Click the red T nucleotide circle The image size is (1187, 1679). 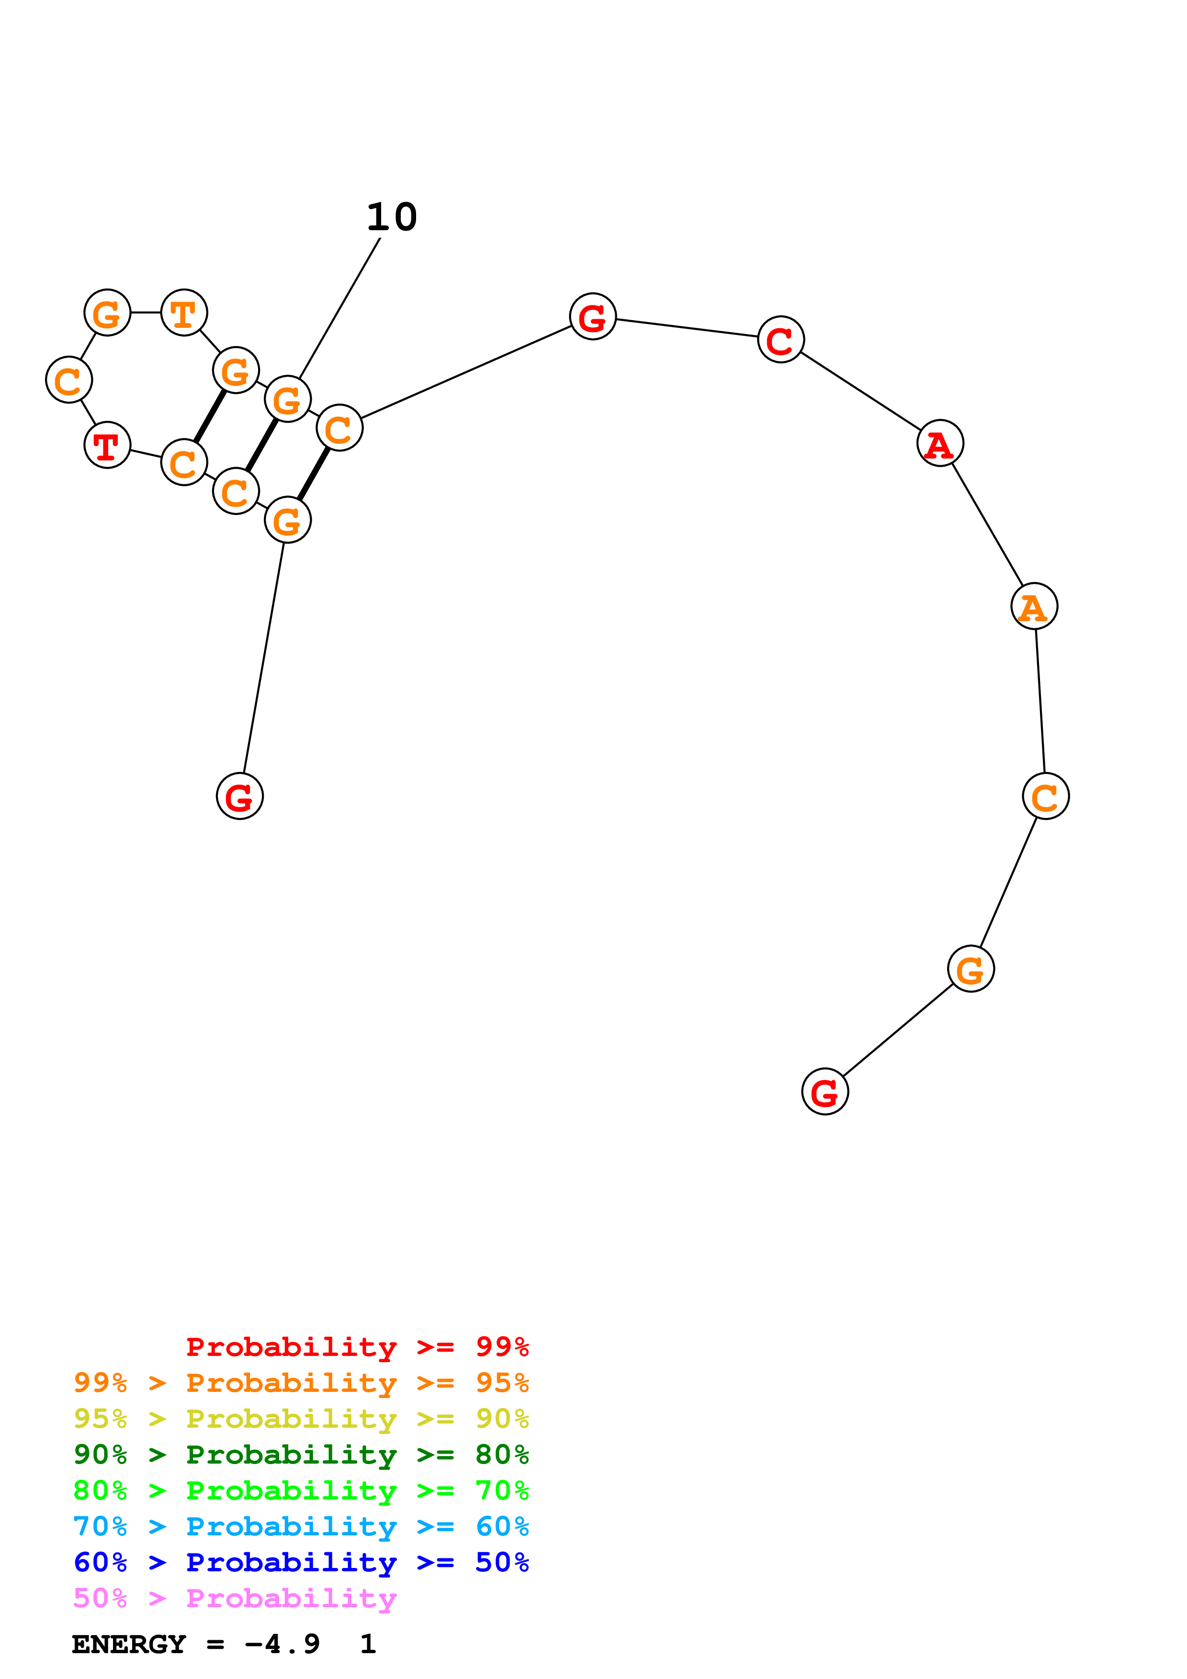[108, 445]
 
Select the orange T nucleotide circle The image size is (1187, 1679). [183, 313]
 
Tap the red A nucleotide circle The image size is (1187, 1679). [940, 443]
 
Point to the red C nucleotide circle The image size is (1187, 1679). [780, 339]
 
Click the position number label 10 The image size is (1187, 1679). [392, 217]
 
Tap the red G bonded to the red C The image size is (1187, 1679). [592, 317]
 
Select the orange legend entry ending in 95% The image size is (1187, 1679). [301, 1383]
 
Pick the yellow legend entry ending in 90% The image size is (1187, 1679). [301, 1419]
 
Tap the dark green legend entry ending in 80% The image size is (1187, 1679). [301, 1455]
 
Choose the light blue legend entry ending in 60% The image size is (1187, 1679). [301, 1526]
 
